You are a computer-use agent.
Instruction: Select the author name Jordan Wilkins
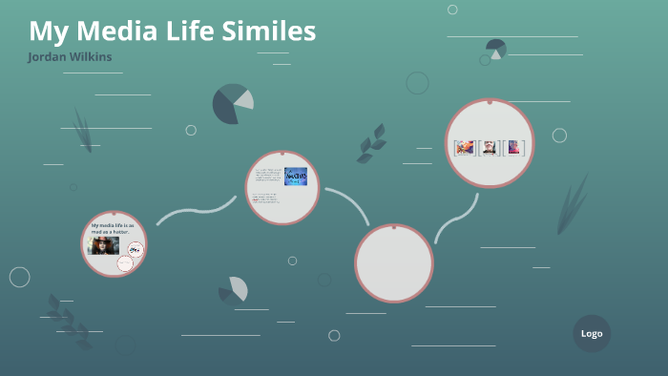pyautogui.click(x=71, y=57)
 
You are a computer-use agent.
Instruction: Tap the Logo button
pyautogui.click(x=592, y=333)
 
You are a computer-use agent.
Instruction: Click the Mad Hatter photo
pyautogui.click(x=103, y=244)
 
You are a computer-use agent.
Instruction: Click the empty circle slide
pyautogui.click(x=394, y=261)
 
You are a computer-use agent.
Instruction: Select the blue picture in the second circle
pyautogui.click(x=295, y=177)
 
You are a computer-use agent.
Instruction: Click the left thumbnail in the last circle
pyautogui.click(x=465, y=147)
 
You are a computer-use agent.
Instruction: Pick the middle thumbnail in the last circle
pyautogui.click(x=490, y=147)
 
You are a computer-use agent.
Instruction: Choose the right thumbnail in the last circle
pyautogui.click(x=514, y=147)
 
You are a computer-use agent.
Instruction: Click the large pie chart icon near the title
pyautogui.click(x=232, y=104)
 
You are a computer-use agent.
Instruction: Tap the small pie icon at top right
pyautogui.click(x=495, y=48)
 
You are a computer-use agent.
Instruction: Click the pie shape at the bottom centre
pyautogui.click(x=234, y=289)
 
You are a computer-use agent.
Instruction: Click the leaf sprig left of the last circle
pyautogui.click(x=371, y=143)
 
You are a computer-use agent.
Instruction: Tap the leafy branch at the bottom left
pyautogui.click(x=68, y=319)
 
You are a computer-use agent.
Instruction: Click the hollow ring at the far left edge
pyautogui.click(x=19, y=277)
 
